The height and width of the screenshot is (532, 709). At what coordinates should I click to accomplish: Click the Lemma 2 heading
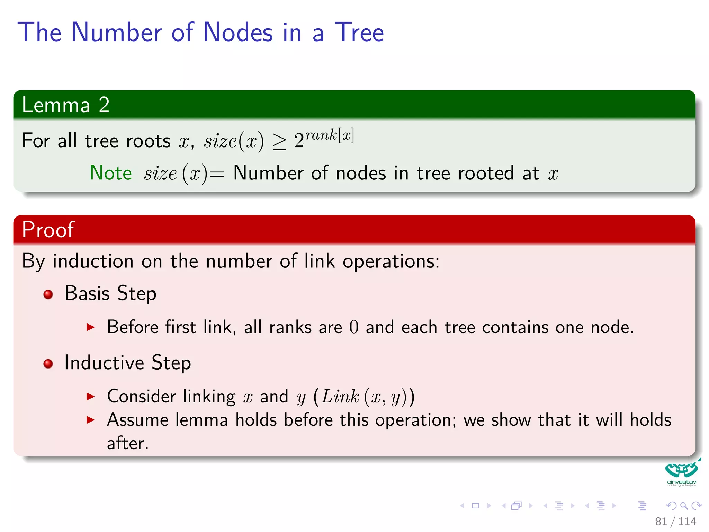[65, 105]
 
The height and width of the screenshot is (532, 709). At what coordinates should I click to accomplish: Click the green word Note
[111, 173]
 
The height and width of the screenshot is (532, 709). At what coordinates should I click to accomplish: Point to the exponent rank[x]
[329, 135]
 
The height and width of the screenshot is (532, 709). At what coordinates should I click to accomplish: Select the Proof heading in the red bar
[48, 229]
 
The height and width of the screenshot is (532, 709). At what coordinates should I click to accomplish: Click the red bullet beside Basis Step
[48, 294]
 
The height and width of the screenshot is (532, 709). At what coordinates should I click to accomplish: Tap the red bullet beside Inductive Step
[48, 364]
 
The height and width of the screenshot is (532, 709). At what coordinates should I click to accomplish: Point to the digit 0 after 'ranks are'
[354, 327]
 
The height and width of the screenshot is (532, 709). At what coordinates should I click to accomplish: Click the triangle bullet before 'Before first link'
[90, 327]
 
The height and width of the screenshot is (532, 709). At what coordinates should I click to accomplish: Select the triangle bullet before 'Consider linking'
[90, 396]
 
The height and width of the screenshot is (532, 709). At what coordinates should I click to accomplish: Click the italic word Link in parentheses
[340, 396]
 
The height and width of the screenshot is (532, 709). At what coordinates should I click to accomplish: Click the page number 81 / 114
[675, 521]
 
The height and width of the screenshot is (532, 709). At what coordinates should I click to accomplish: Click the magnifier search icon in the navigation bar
[684, 506]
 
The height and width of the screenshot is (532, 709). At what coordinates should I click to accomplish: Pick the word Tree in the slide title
[359, 33]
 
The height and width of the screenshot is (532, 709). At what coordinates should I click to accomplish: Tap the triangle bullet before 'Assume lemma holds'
[90, 420]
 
